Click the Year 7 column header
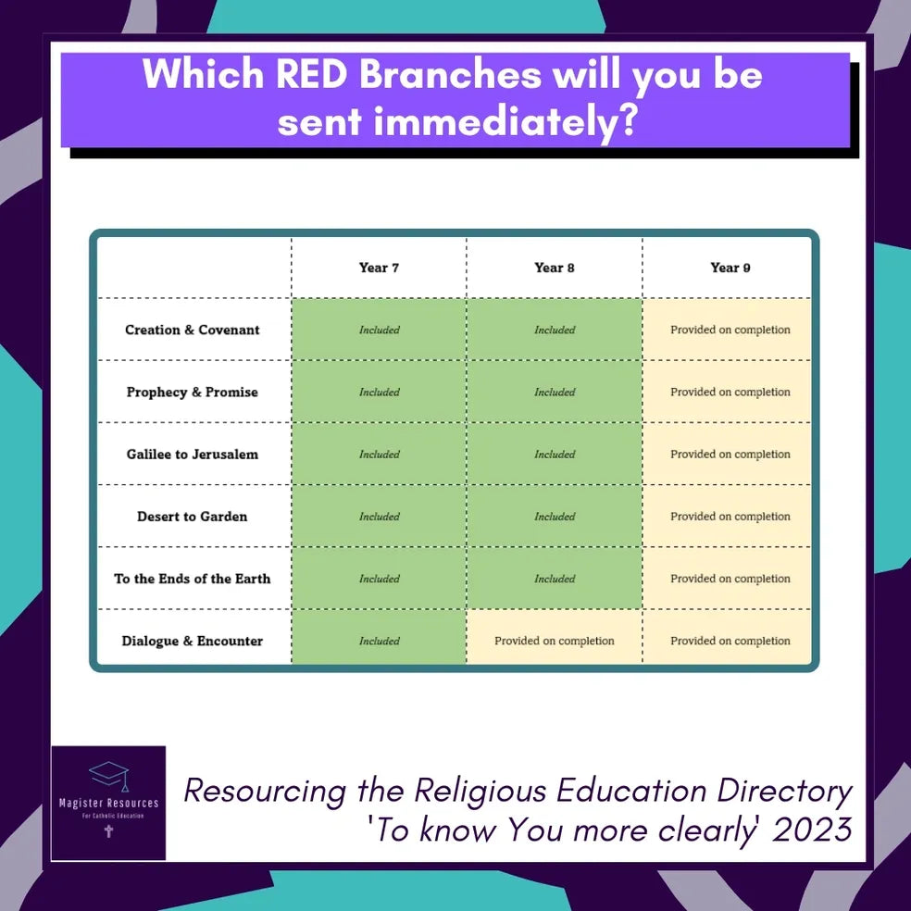coord(379,268)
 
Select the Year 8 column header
coord(555,268)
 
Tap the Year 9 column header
coord(730,268)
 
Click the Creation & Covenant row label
coord(193,330)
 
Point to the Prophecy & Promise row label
coord(193,393)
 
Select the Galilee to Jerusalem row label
coord(193,455)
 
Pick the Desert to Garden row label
coord(193,517)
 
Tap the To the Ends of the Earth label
coord(193,579)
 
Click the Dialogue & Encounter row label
coord(193,641)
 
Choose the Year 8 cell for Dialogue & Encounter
coord(555,637)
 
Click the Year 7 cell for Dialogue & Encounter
coord(379,637)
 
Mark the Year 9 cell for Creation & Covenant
coord(727,330)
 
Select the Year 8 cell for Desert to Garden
coord(555,516)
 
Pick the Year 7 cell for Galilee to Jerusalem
coord(379,454)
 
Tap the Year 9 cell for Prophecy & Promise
coord(727,392)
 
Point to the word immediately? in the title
coord(505,122)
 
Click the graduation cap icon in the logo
coord(109,776)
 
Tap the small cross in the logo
coord(108,830)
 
